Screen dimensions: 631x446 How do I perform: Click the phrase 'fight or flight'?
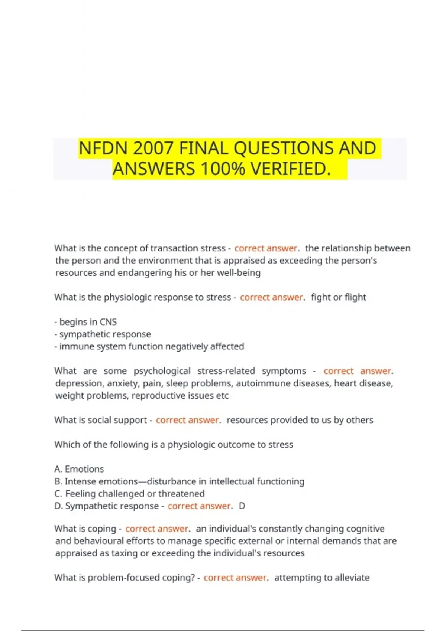point(338,297)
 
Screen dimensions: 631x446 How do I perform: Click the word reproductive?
point(158,395)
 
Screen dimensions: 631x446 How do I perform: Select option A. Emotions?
point(79,469)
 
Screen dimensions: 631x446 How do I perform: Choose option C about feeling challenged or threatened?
point(129,494)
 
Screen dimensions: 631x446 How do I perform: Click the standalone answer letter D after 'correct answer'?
point(242,506)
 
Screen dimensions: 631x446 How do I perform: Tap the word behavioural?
point(100,541)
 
